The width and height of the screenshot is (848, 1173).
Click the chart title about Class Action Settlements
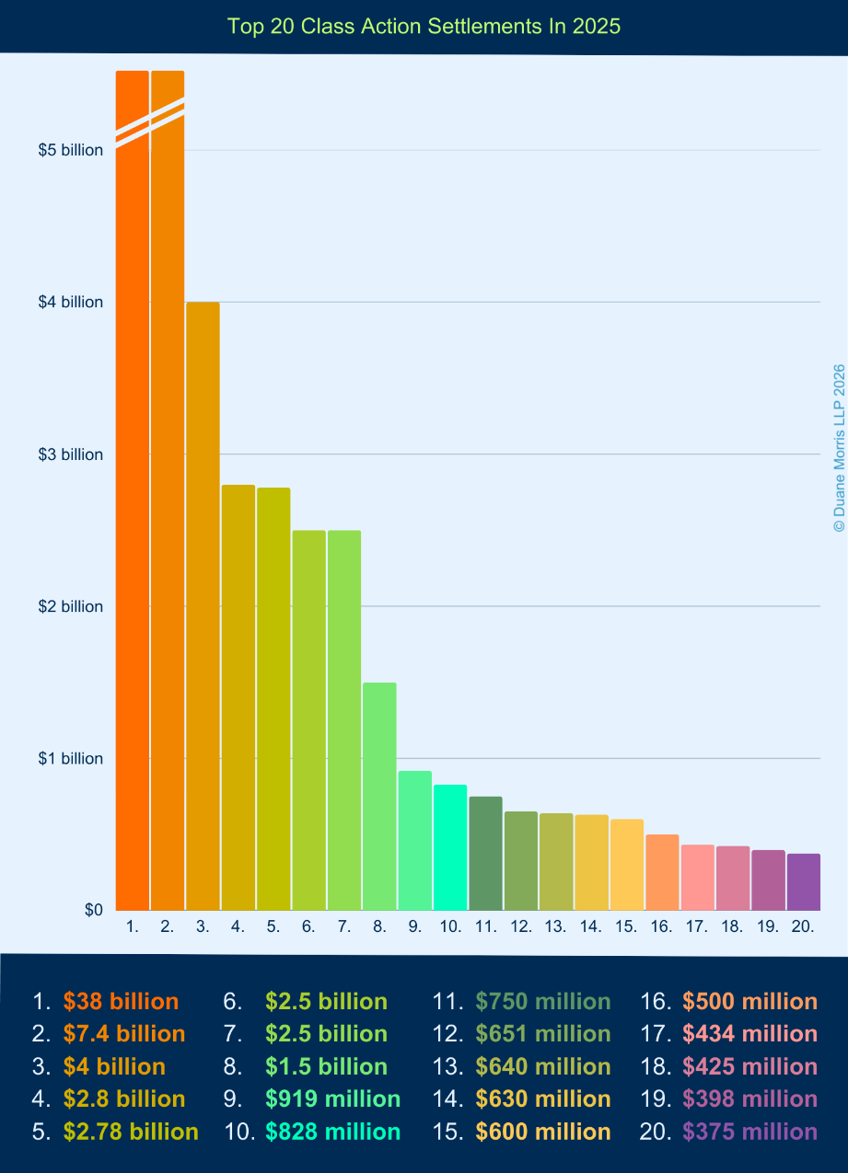(x=424, y=27)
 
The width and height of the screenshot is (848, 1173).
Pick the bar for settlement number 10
(x=450, y=847)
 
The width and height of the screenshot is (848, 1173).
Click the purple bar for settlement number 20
(x=803, y=882)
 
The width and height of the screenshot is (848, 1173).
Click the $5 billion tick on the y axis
(x=71, y=150)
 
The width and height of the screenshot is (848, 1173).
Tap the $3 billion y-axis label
(x=71, y=454)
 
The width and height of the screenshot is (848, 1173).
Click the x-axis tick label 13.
(x=555, y=927)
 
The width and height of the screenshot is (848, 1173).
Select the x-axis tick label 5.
(x=273, y=927)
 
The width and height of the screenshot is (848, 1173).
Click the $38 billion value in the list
(x=121, y=1002)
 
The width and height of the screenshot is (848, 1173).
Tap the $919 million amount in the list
(x=332, y=1098)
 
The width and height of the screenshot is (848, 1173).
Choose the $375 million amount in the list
(x=749, y=1132)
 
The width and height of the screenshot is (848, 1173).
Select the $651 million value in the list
(x=542, y=1034)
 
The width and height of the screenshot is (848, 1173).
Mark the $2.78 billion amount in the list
(x=130, y=1132)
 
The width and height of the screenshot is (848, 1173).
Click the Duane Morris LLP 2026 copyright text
(x=838, y=447)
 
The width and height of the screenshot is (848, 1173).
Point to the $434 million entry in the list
(x=749, y=1034)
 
